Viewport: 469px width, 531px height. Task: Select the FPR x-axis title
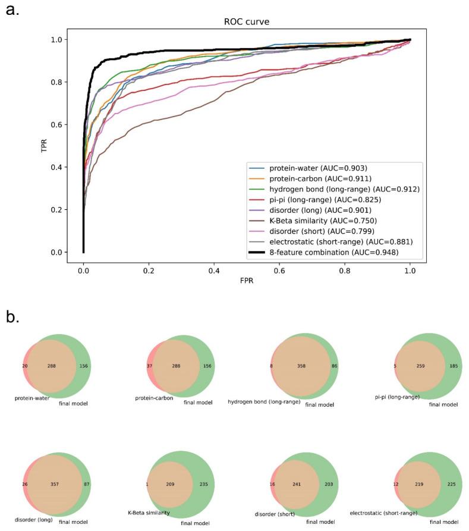pyautogui.click(x=246, y=281)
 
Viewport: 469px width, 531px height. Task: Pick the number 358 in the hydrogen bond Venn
pyautogui.click(x=301, y=366)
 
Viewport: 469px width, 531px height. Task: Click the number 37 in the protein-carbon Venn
pyautogui.click(x=150, y=366)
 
